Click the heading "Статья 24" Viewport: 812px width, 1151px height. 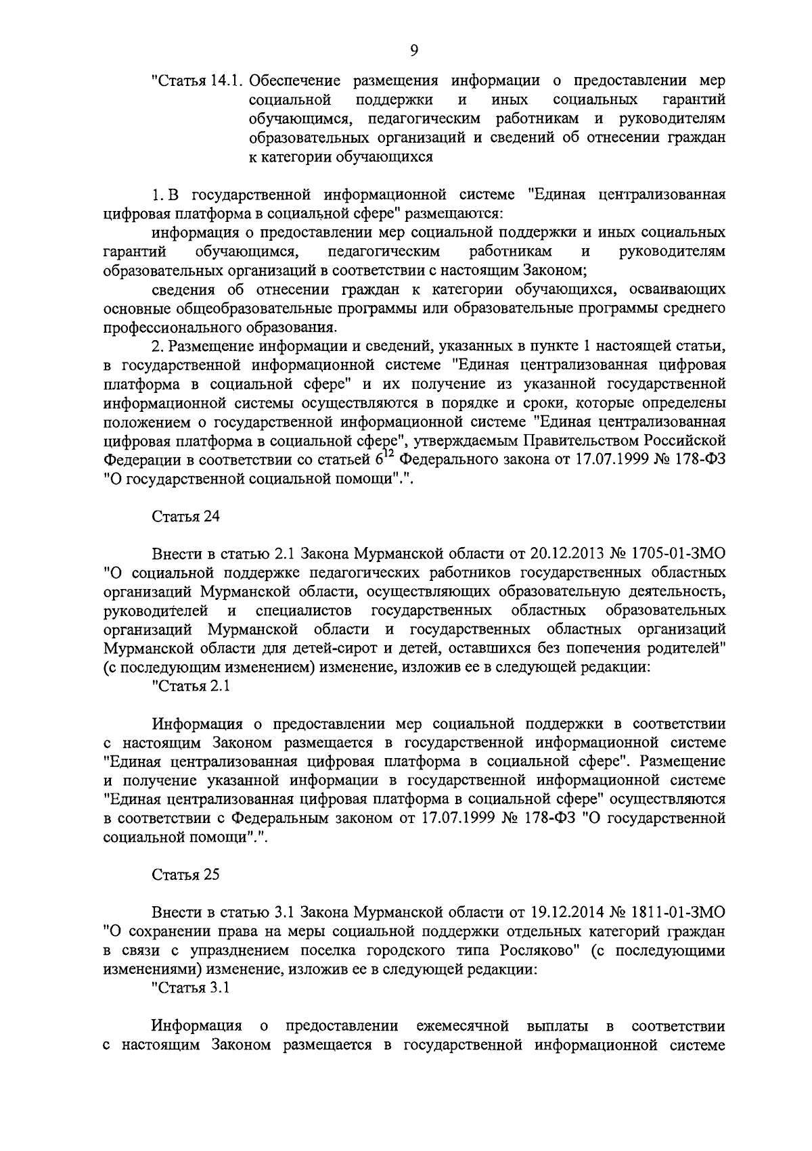[186, 517]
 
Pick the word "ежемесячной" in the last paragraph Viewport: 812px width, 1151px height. [463, 1026]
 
